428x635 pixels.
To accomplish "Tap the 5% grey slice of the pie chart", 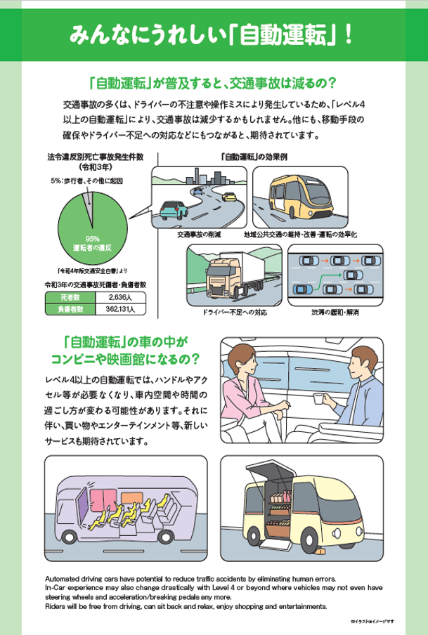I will coord(87,200).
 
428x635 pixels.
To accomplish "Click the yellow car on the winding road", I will coord(228,197).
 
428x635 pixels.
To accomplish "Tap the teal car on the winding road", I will coord(173,209).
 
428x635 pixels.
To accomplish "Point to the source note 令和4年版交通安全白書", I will coord(91,270).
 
